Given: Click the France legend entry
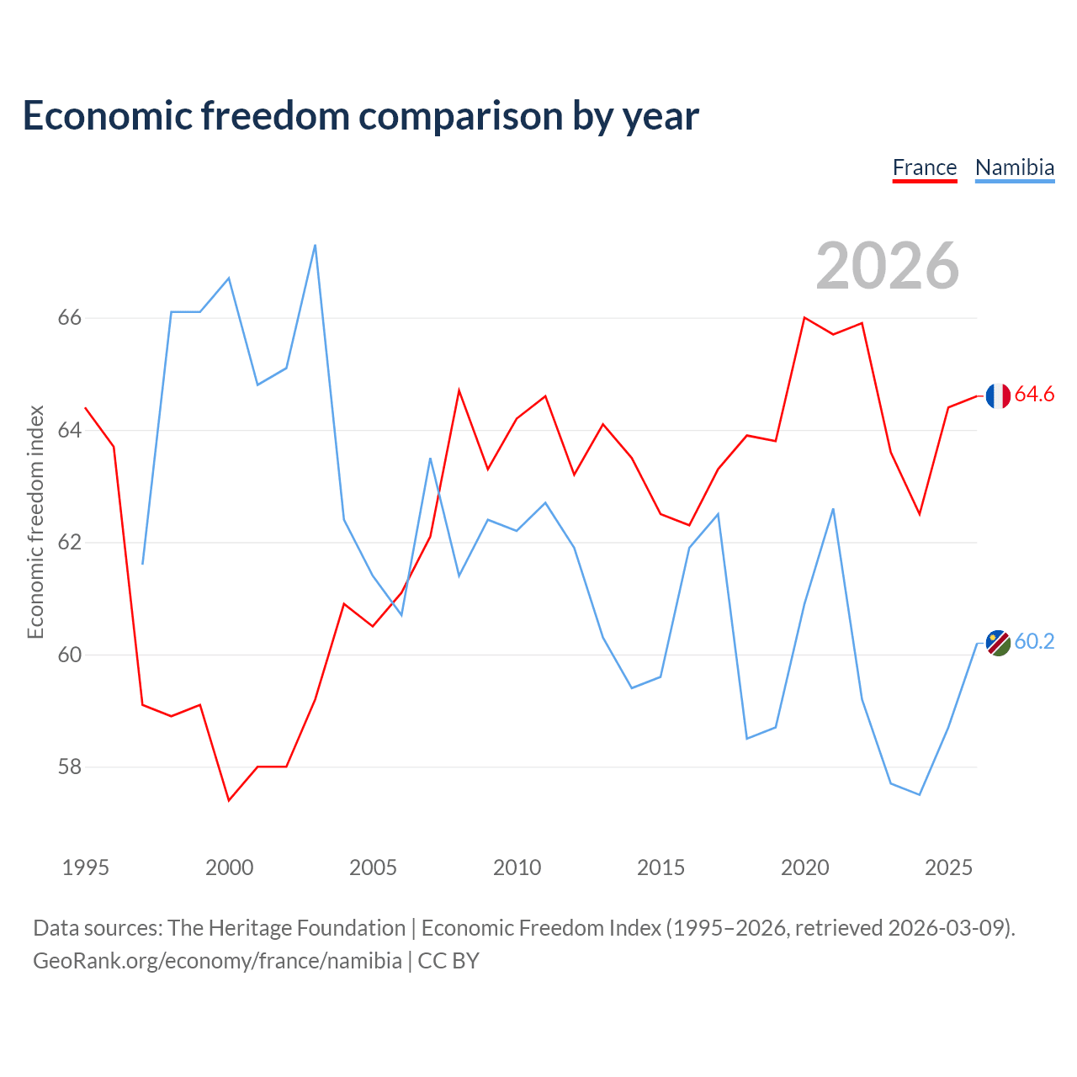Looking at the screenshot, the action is pos(925,168).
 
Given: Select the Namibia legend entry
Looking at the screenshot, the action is pos(1015,168).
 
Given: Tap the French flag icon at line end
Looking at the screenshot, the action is pos(998,395).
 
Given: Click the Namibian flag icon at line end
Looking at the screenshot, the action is pos(998,643).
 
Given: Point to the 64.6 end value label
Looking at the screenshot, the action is pos(1034,394).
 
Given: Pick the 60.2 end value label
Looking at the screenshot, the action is pos(1034,641).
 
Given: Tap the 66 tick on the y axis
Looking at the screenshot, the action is pos(70,317).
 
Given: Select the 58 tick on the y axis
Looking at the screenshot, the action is pos(70,767).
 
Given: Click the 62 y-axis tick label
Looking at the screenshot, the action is pos(70,542).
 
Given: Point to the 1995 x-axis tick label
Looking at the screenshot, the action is pos(86,867).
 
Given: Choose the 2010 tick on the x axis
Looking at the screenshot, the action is pos(517,867).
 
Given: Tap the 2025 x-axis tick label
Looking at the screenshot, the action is pos(948,867).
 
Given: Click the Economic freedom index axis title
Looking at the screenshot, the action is pos(36,522).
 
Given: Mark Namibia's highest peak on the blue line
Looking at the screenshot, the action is pos(316,246).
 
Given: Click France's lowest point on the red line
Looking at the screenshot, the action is pos(229,800).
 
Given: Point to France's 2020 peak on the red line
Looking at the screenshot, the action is pos(804,317).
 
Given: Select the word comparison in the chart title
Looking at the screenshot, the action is pos(460,116).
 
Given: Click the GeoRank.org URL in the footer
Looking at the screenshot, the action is pos(217,961).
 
